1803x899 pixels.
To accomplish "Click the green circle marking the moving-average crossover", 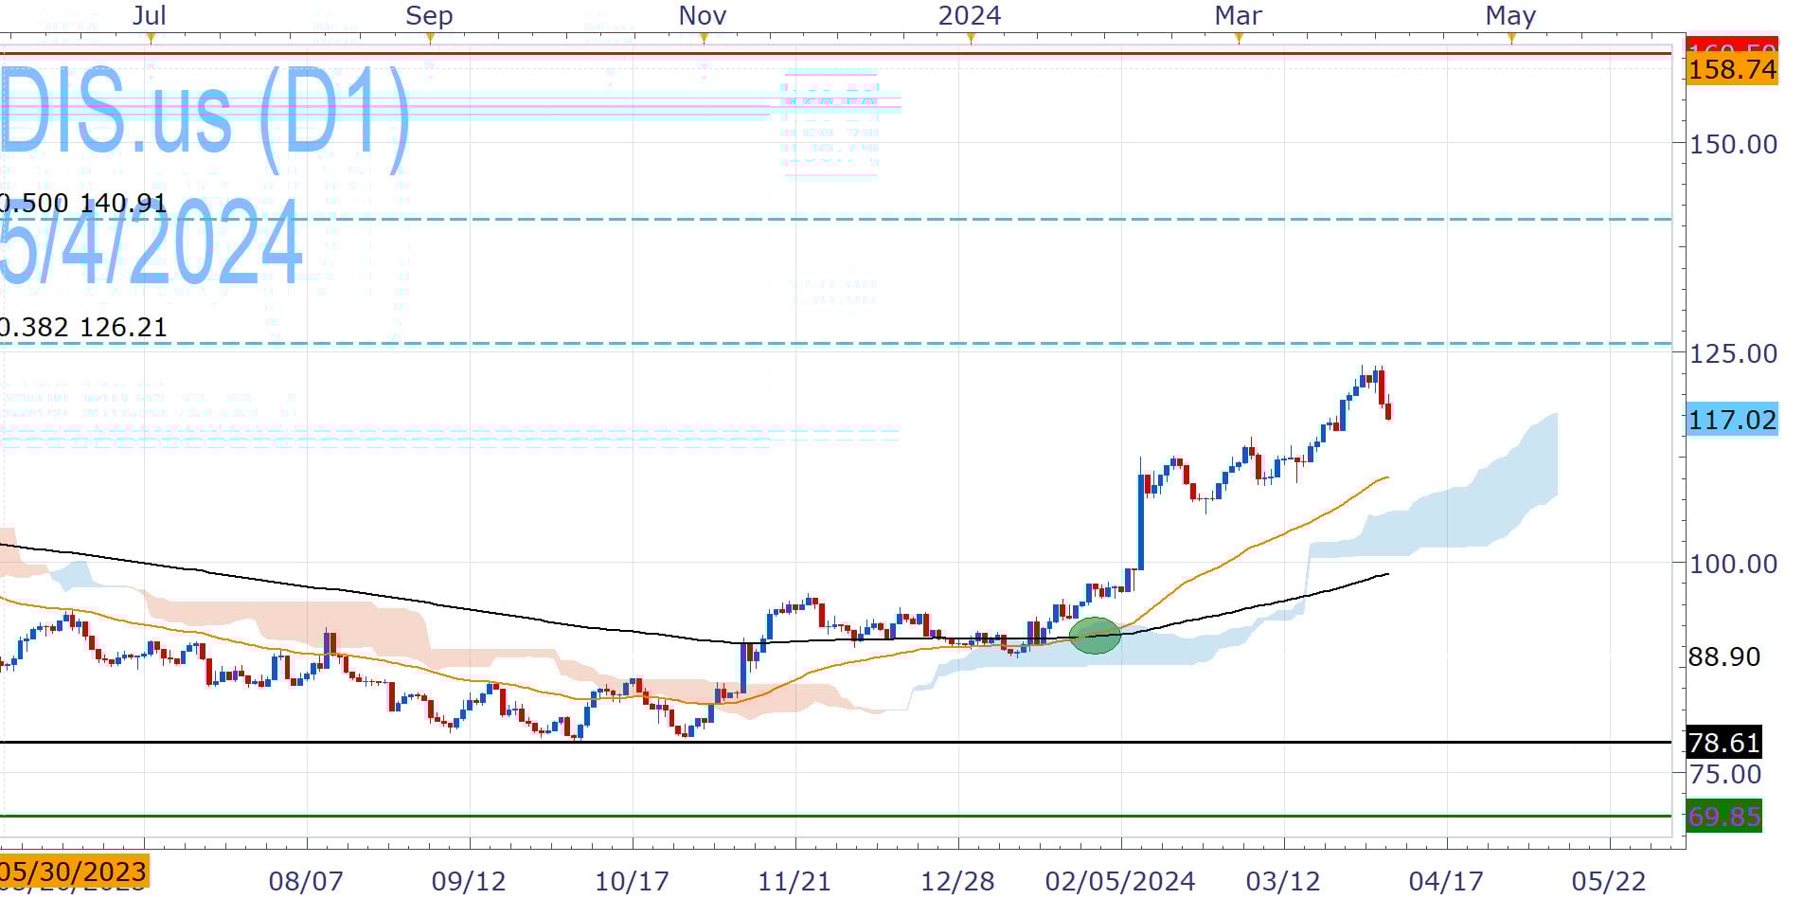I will [1095, 635].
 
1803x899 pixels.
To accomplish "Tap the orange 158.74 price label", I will [1732, 69].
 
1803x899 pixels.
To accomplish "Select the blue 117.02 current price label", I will [1732, 419].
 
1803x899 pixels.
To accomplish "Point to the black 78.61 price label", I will [1723, 742].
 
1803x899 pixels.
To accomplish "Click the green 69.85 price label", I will [1723, 816].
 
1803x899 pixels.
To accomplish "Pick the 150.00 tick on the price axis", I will [1733, 144].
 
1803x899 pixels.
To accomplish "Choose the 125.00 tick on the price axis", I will [1733, 353].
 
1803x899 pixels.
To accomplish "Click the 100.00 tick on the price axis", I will [1733, 564].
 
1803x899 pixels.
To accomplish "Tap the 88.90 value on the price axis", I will [1723, 656].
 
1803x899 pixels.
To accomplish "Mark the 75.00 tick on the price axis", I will [1725, 774].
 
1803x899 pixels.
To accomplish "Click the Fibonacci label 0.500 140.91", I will [83, 204].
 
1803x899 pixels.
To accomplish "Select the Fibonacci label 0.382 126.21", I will [83, 328].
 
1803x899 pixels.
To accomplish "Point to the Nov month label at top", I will [703, 16].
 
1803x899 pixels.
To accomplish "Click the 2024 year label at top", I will [969, 16].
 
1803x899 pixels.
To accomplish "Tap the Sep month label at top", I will [429, 16].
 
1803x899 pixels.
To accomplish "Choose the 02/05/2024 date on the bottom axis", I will [1119, 881].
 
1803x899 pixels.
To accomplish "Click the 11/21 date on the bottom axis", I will [794, 881].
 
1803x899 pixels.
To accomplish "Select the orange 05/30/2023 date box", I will [74, 871].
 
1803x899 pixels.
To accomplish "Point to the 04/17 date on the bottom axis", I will [1446, 881].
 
